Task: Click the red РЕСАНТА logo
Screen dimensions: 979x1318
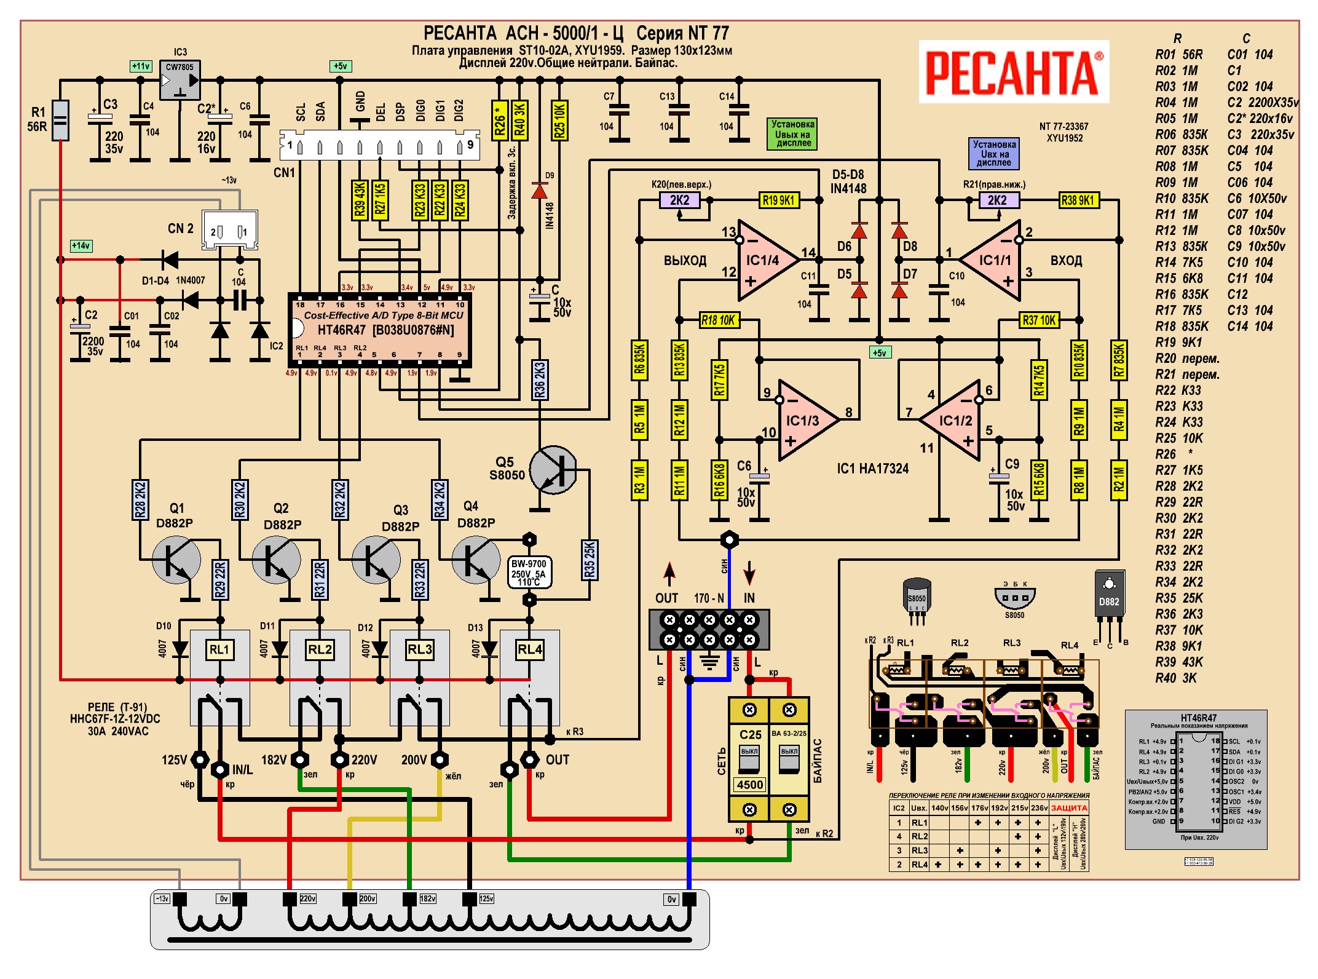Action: (1013, 73)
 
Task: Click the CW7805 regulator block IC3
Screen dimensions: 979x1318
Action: (180, 80)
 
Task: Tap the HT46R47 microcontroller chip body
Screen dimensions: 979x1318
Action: (380, 330)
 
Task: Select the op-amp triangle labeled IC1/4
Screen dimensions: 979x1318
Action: (765, 261)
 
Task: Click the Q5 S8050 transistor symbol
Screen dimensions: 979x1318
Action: (553, 470)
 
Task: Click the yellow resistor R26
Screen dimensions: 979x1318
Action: (500, 119)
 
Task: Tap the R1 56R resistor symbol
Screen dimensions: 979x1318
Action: (60, 120)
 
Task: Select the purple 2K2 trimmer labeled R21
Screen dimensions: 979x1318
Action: (997, 200)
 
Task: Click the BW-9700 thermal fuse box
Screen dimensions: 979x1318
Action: (529, 573)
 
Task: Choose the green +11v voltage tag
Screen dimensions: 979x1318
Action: (141, 66)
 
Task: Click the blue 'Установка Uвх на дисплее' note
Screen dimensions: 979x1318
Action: (993, 153)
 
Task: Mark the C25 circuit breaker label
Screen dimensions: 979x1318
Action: (750, 734)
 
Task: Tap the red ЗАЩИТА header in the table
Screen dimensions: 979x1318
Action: (1069, 807)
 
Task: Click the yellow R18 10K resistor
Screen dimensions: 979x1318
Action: (719, 320)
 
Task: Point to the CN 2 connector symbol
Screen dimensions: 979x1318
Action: (230, 231)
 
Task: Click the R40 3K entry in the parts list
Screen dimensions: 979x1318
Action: (1176, 678)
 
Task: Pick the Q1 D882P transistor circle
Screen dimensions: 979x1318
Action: (176, 559)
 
